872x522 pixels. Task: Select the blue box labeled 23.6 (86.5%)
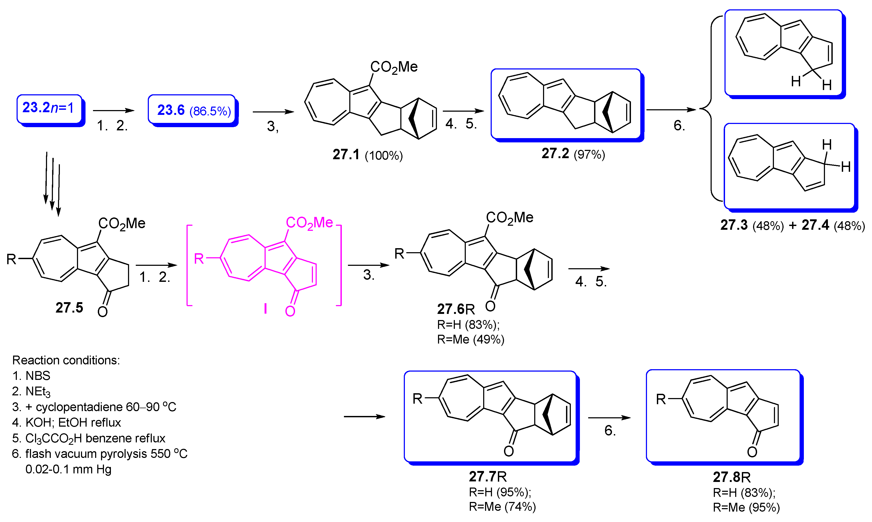192,110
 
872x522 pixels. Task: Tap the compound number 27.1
346,155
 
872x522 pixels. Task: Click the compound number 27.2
555,153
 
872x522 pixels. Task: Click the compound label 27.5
69,308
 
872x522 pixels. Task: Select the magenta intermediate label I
265,309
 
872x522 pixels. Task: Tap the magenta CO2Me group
309,223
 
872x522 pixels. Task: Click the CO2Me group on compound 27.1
393,67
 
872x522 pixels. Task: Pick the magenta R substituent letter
199,259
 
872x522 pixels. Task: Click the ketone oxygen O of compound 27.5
102,312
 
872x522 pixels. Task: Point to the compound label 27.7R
487,477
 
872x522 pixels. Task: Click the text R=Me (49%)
471,340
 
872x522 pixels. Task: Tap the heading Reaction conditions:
66,360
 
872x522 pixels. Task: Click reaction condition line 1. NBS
31,376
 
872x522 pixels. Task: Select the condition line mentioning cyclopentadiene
94,407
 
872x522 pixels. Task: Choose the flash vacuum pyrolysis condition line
100,454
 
